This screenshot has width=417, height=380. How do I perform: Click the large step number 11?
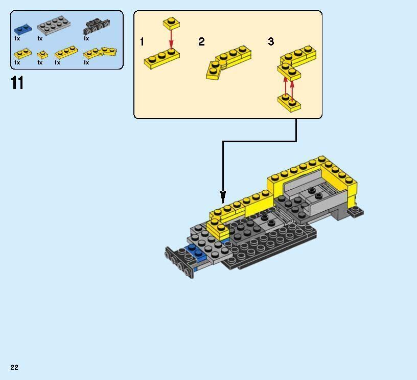[x=17, y=82]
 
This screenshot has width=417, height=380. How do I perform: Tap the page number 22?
[x=14, y=367]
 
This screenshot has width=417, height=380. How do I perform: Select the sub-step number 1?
[x=142, y=42]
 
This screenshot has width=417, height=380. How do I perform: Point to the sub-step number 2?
[x=201, y=42]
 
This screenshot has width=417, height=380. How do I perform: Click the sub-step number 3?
[x=271, y=42]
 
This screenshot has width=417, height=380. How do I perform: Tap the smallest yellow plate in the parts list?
[x=42, y=54]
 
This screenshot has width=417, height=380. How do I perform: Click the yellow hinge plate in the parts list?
[x=100, y=53]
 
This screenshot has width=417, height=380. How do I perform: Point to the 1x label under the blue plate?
[x=17, y=38]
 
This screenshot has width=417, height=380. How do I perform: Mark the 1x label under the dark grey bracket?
[x=86, y=38]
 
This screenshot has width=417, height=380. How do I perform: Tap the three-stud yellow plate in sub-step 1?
[x=161, y=58]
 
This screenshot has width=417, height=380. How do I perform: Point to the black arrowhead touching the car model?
[x=223, y=197]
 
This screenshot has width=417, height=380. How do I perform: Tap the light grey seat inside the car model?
[x=307, y=194]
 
